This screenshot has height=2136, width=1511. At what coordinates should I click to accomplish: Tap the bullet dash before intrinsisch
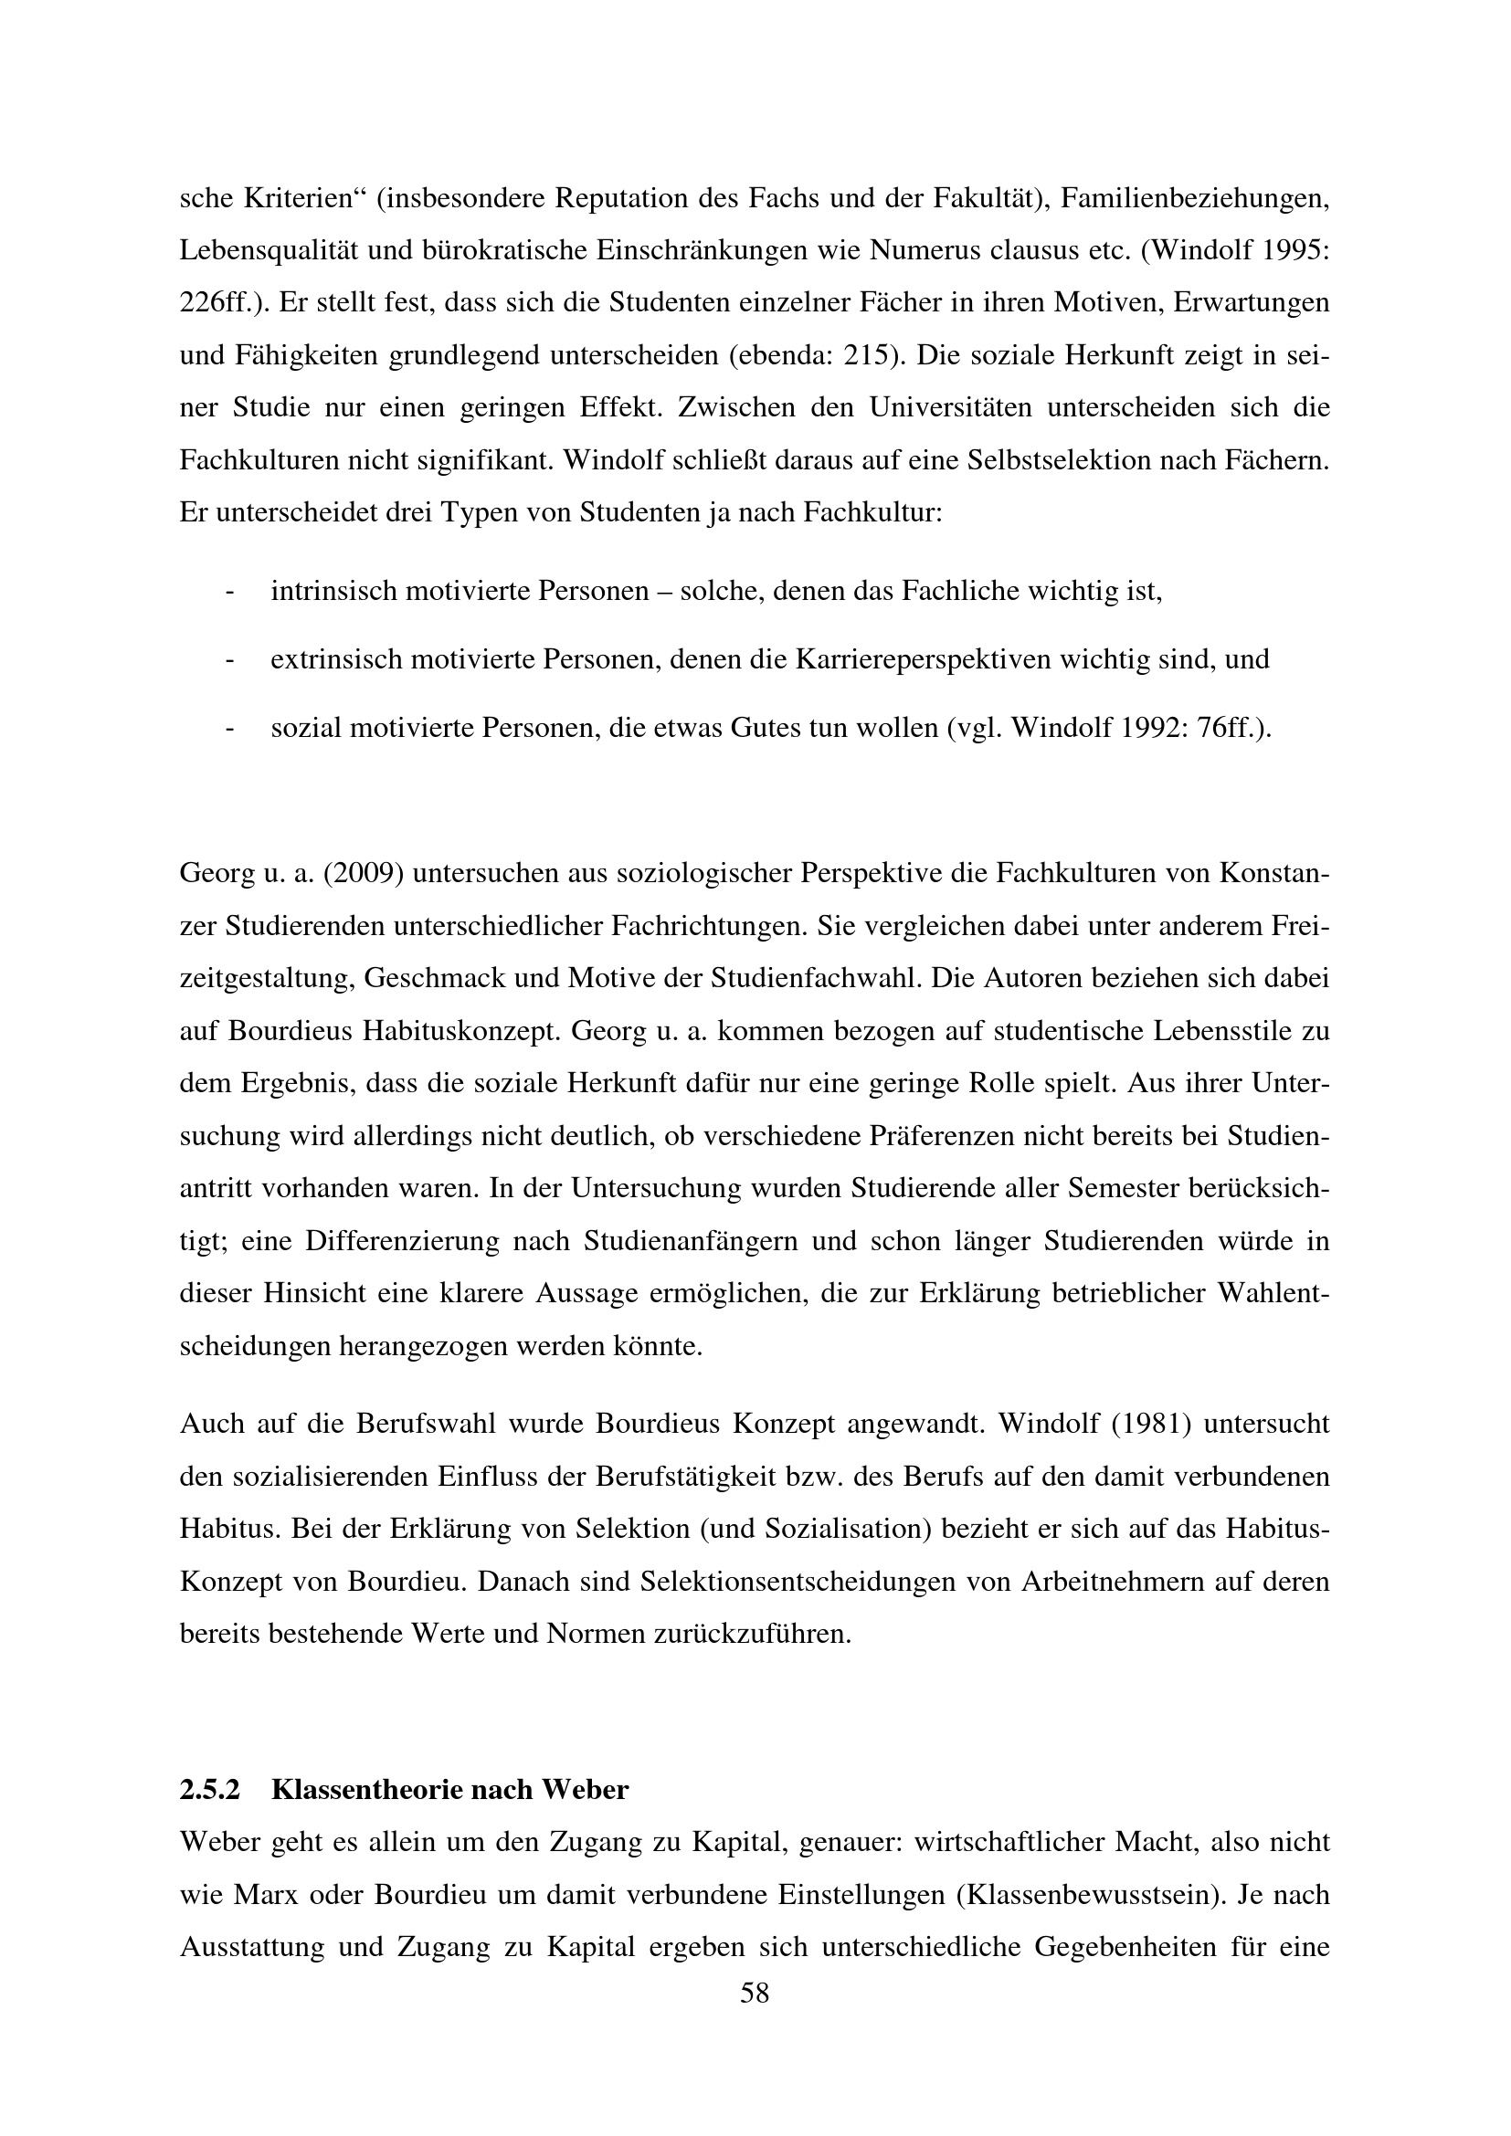pos(229,592)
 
